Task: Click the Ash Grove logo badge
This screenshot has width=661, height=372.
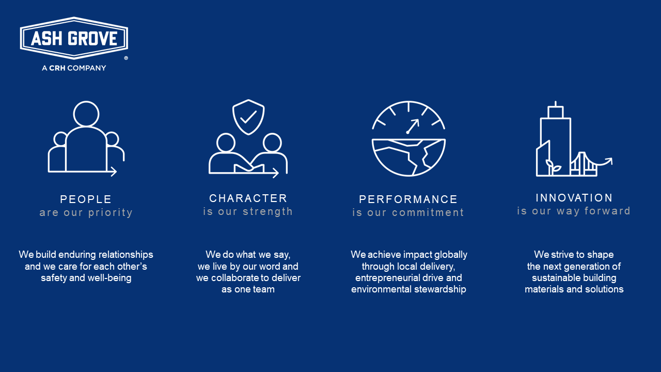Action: [x=74, y=38]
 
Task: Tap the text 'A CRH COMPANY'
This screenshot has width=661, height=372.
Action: [x=74, y=68]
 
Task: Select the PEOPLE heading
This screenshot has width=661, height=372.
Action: [x=86, y=199]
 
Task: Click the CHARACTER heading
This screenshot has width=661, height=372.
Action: [x=248, y=198]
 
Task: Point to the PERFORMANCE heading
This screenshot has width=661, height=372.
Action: [x=408, y=199]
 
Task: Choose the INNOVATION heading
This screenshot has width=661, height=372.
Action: [x=574, y=198]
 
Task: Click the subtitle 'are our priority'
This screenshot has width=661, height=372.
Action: [x=86, y=213]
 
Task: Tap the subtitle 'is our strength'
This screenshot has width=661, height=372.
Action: [x=248, y=211]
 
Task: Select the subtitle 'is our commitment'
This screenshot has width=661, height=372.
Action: [x=408, y=213]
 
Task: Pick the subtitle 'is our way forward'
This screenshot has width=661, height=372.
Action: [x=574, y=211]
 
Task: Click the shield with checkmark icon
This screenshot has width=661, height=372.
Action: [x=248, y=117]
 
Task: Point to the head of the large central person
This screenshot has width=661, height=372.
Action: [x=86, y=114]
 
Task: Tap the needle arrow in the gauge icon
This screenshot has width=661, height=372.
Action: [x=413, y=126]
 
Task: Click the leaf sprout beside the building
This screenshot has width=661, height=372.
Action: [x=553, y=167]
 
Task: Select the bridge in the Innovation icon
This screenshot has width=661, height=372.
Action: [x=584, y=164]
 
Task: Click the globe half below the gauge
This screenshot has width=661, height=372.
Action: [x=408, y=158]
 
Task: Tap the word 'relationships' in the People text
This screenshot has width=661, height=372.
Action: [x=127, y=255]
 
